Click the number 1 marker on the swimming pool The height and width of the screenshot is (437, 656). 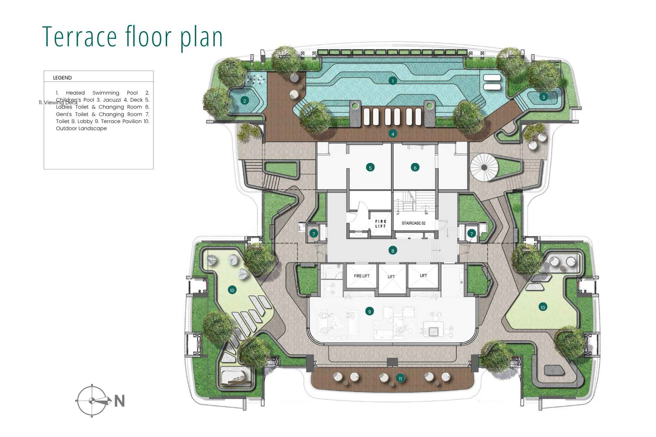(x=392, y=81)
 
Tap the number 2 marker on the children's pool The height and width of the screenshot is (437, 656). (x=245, y=101)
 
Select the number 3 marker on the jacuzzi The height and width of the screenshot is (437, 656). (x=544, y=97)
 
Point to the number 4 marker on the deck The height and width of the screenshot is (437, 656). (x=393, y=134)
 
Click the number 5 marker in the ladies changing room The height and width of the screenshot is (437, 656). (x=370, y=168)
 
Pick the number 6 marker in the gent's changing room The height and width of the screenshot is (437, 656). (x=415, y=168)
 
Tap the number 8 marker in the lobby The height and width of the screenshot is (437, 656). (x=392, y=250)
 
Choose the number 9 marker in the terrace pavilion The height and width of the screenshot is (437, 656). (x=369, y=312)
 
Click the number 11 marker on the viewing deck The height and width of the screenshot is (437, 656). (x=400, y=378)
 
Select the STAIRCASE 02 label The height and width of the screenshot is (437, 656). (x=413, y=223)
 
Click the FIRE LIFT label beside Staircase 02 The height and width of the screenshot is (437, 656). (x=381, y=224)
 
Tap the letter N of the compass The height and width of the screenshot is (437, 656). (x=119, y=401)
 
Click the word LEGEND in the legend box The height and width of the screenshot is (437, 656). (x=62, y=78)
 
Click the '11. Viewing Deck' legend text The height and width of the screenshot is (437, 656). (x=58, y=103)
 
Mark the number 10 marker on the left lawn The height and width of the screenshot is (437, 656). (x=232, y=290)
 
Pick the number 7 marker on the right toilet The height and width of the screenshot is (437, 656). (x=471, y=234)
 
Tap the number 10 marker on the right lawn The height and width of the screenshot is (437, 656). (x=543, y=307)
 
